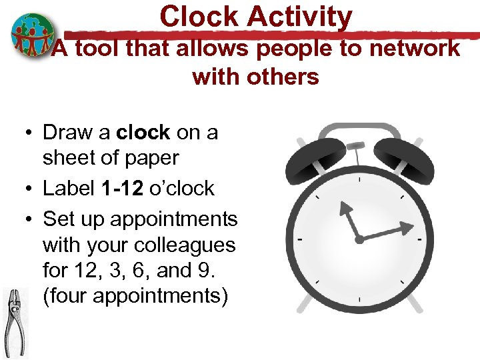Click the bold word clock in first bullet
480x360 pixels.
tap(143, 132)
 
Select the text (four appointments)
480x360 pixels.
tap(135, 295)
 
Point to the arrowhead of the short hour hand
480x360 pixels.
tap(345, 211)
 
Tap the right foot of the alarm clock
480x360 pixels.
tap(413, 305)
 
